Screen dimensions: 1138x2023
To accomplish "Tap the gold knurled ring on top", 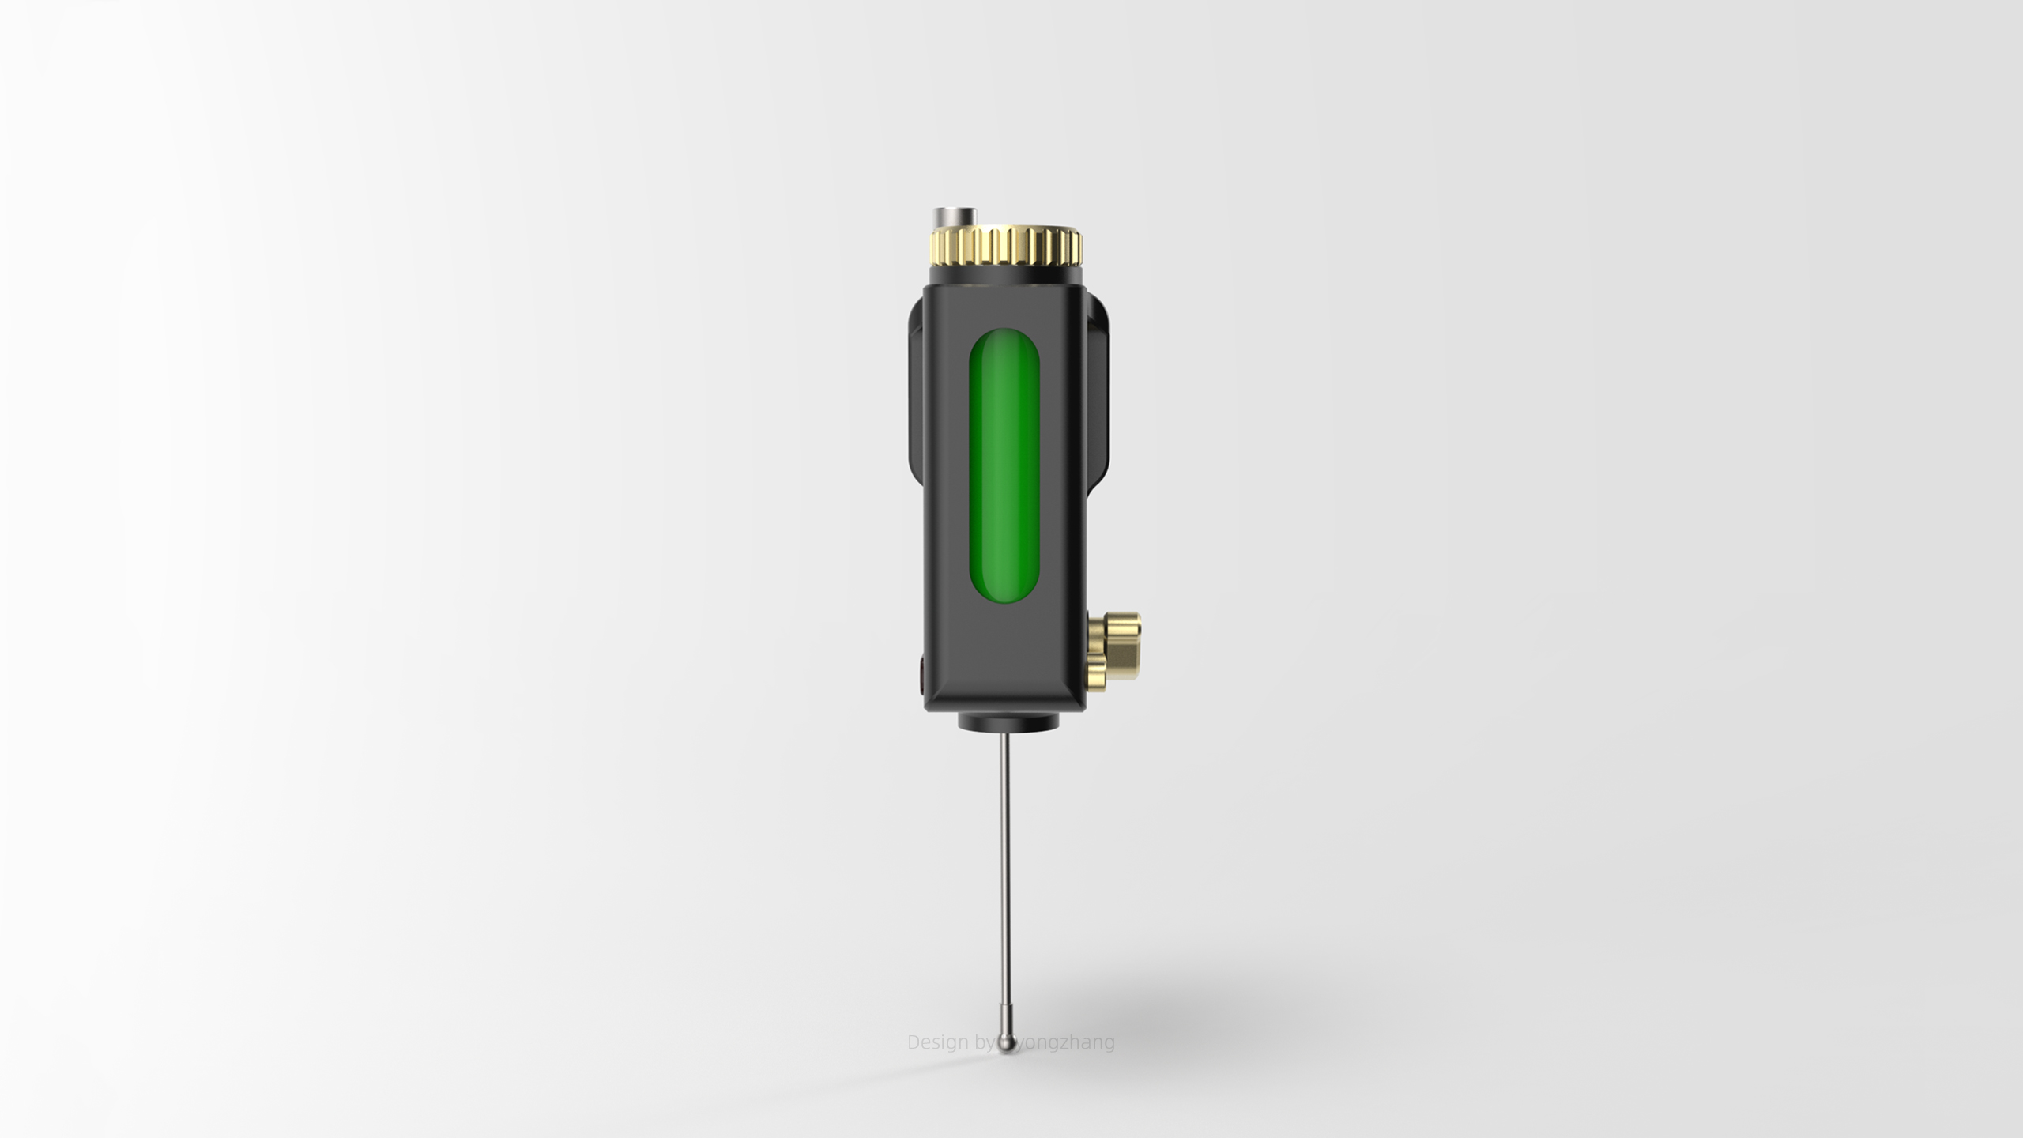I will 1005,246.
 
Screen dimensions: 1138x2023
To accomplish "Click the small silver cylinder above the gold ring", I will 954,217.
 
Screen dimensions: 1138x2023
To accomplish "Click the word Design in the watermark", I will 937,1042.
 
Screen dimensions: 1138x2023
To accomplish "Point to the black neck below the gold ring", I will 1005,273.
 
